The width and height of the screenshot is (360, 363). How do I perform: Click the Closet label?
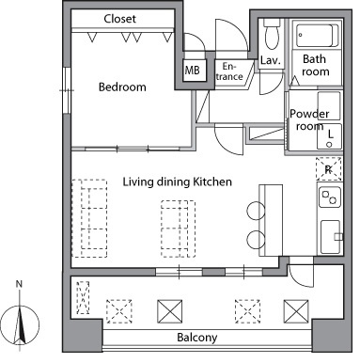[119, 19]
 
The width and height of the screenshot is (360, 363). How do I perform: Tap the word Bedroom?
[122, 87]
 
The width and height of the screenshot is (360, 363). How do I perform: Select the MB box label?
[192, 70]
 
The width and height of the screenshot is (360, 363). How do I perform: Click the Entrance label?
[229, 71]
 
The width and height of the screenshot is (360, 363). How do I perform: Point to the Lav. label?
[270, 60]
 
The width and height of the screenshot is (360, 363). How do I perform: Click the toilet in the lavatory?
[272, 33]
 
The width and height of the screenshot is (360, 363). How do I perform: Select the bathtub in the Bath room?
[317, 35]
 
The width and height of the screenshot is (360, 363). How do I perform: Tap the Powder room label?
[309, 119]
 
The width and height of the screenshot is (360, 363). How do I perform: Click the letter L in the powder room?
[330, 134]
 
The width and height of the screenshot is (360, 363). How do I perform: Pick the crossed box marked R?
[328, 169]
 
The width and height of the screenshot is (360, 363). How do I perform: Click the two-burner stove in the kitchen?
[330, 197]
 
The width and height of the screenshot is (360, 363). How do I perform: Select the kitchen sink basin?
[330, 237]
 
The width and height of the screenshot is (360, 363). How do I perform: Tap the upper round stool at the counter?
[256, 211]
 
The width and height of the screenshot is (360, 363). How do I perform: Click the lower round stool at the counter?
[256, 240]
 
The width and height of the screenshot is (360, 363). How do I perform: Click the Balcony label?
[197, 338]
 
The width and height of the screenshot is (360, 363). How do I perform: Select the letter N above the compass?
[19, 284]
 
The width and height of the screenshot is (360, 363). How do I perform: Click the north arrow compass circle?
[20, 325]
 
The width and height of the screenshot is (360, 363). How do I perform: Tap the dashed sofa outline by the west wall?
[89, 218]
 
